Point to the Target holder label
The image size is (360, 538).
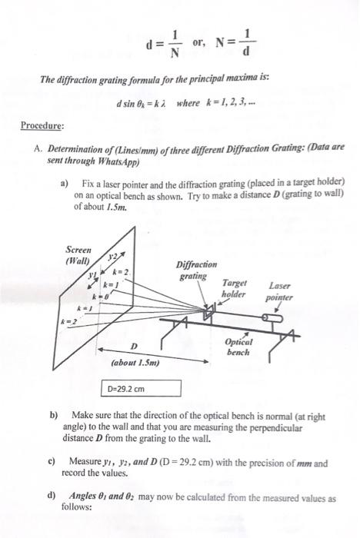click(234, 288)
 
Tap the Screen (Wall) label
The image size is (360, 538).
click(79, 255)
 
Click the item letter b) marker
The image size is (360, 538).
click(55, 414)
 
